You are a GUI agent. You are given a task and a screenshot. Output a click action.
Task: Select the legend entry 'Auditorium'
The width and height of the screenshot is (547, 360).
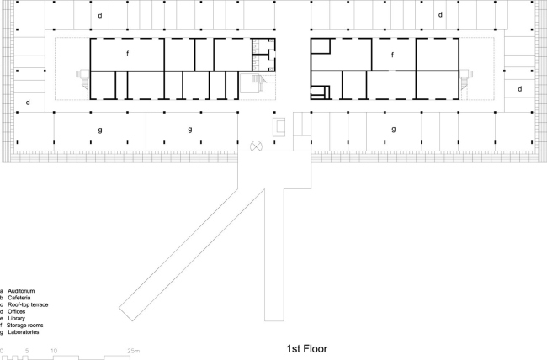24,291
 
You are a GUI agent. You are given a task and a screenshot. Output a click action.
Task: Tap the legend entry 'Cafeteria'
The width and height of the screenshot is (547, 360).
23,298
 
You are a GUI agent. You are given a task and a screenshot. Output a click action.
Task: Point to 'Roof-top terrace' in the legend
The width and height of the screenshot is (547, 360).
29,304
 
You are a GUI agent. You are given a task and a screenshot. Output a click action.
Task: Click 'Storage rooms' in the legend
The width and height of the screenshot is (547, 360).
27,326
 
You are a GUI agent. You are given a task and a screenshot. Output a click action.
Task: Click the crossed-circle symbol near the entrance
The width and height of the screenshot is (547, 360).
258,146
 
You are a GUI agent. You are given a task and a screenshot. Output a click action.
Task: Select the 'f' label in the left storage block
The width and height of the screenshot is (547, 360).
126,54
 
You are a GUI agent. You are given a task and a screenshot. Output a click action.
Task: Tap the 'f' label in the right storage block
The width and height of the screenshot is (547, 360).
392,54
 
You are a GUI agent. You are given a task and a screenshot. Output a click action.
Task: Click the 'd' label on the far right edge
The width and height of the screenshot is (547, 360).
520,88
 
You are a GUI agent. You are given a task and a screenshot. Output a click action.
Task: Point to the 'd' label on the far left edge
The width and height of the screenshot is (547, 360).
28,103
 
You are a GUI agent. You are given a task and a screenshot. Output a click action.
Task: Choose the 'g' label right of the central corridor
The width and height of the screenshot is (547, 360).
394,129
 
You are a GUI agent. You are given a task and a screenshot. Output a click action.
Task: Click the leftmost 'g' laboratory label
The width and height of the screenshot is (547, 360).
100,129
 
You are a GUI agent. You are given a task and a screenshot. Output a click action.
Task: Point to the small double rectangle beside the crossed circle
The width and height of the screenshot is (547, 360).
280,126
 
